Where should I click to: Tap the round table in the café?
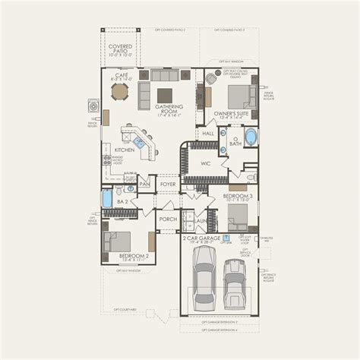click(120, 92)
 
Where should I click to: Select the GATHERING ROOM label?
click(172, 109)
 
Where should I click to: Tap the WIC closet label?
click(205, 163)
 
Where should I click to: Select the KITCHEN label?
click(124, 150)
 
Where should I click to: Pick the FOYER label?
click(168, 183)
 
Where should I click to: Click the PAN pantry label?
click(144, 183)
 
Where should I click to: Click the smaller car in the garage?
click(235, 283)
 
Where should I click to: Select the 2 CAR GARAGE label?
click(202, 239)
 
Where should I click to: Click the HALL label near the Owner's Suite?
click(207, 134)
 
